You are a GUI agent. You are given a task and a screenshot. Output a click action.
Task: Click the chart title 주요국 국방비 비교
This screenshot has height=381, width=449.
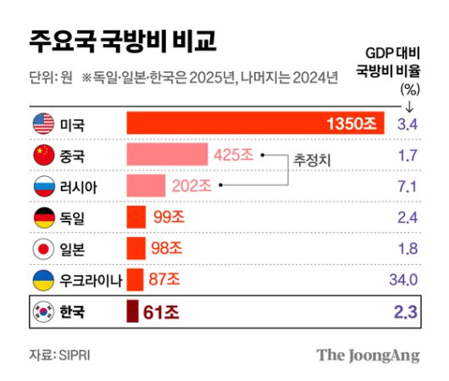(123, 40)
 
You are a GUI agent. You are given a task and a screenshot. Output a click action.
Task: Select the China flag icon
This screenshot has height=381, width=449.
(42, 156)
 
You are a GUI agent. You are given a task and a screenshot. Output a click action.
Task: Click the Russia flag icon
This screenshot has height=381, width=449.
(42, 186)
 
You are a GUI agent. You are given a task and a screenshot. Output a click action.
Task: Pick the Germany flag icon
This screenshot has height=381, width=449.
(42, 218)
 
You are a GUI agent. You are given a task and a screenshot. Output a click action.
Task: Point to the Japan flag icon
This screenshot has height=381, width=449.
(42, 249)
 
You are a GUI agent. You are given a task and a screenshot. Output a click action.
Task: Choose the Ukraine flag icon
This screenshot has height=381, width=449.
(42, 279)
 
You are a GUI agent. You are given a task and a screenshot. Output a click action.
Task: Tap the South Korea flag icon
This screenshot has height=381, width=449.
(42, 312)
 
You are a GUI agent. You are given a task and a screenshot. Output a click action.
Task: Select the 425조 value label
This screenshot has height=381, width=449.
(234, 156)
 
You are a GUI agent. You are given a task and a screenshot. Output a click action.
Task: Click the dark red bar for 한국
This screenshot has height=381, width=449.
(132, 312)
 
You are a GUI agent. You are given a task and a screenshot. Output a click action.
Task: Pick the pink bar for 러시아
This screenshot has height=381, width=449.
(146, 186)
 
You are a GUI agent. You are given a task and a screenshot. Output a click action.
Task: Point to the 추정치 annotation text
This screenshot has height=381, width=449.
(311, 159)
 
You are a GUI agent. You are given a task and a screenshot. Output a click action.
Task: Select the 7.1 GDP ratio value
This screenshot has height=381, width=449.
(407, 186)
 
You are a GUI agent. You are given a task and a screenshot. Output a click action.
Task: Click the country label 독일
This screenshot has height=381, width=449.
(72, 218)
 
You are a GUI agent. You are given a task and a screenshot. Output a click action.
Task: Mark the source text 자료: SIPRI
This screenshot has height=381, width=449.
(59, 355)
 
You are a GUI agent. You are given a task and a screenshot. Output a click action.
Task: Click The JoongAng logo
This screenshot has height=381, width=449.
(368, 355)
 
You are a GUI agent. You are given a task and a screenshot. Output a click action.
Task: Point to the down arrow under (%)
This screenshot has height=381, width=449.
(410, 107)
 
